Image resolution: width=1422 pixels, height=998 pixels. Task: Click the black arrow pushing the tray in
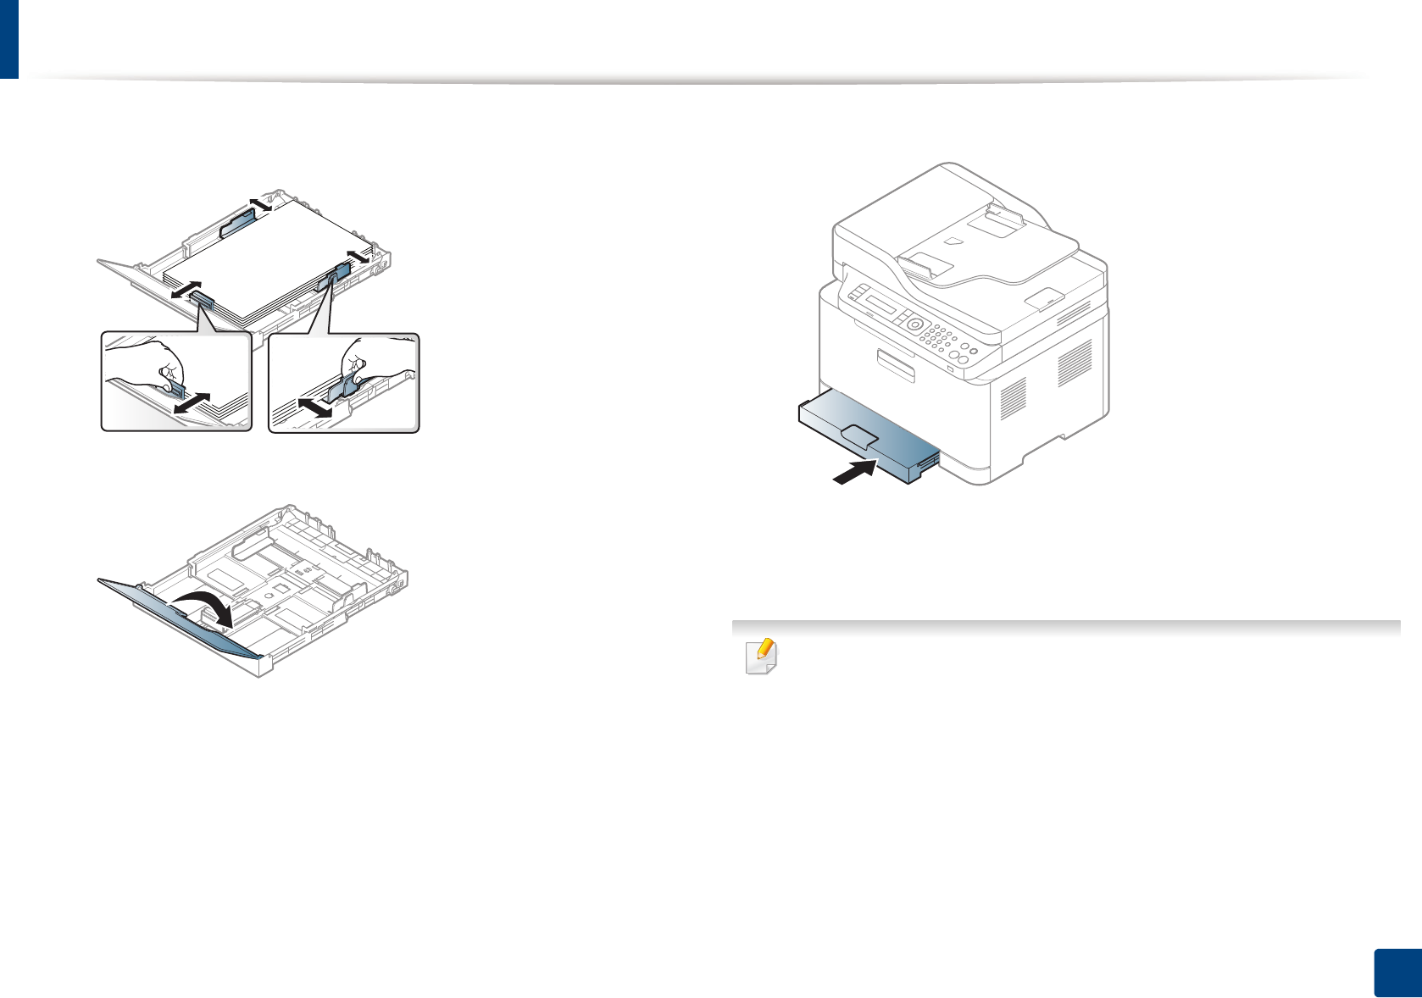click(x=854, y=473)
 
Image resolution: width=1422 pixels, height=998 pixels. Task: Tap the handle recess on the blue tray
click(x=859, y=436)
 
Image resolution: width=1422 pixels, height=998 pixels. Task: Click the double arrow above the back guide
click(x=260, y=202)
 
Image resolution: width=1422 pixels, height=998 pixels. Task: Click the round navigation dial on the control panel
click(x=914, y=324)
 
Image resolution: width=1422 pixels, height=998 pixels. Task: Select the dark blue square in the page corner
click(x=1396, y=973)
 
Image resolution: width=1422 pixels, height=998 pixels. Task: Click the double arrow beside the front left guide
click(x=186, y=290)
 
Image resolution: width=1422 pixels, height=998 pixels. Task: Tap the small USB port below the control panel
click(x=950, y=369)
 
